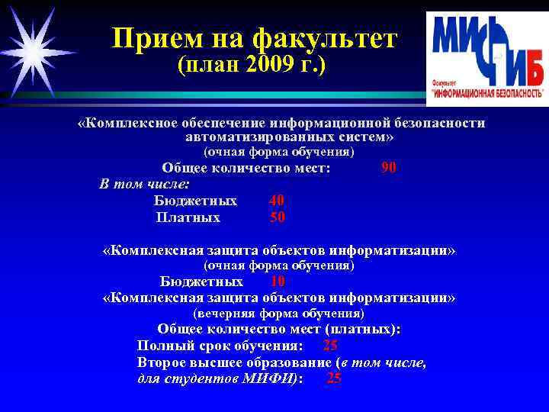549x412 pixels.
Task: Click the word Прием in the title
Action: [x=149, y=37]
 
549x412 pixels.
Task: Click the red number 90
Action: [x=388, y=168]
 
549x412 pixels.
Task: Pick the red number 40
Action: [x=276, y=201]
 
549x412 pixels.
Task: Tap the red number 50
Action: [x=278, y=217]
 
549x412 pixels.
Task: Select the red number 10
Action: [x=278, y=282]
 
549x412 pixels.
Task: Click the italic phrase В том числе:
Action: [x=144, y=184]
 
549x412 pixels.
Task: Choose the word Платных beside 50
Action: [x=188, y=217]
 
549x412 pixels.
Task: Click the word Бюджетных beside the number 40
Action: [x=195, y=201]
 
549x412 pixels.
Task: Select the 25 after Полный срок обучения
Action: [x=331, y=346]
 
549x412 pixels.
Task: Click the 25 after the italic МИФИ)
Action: [x=333, y=378]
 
